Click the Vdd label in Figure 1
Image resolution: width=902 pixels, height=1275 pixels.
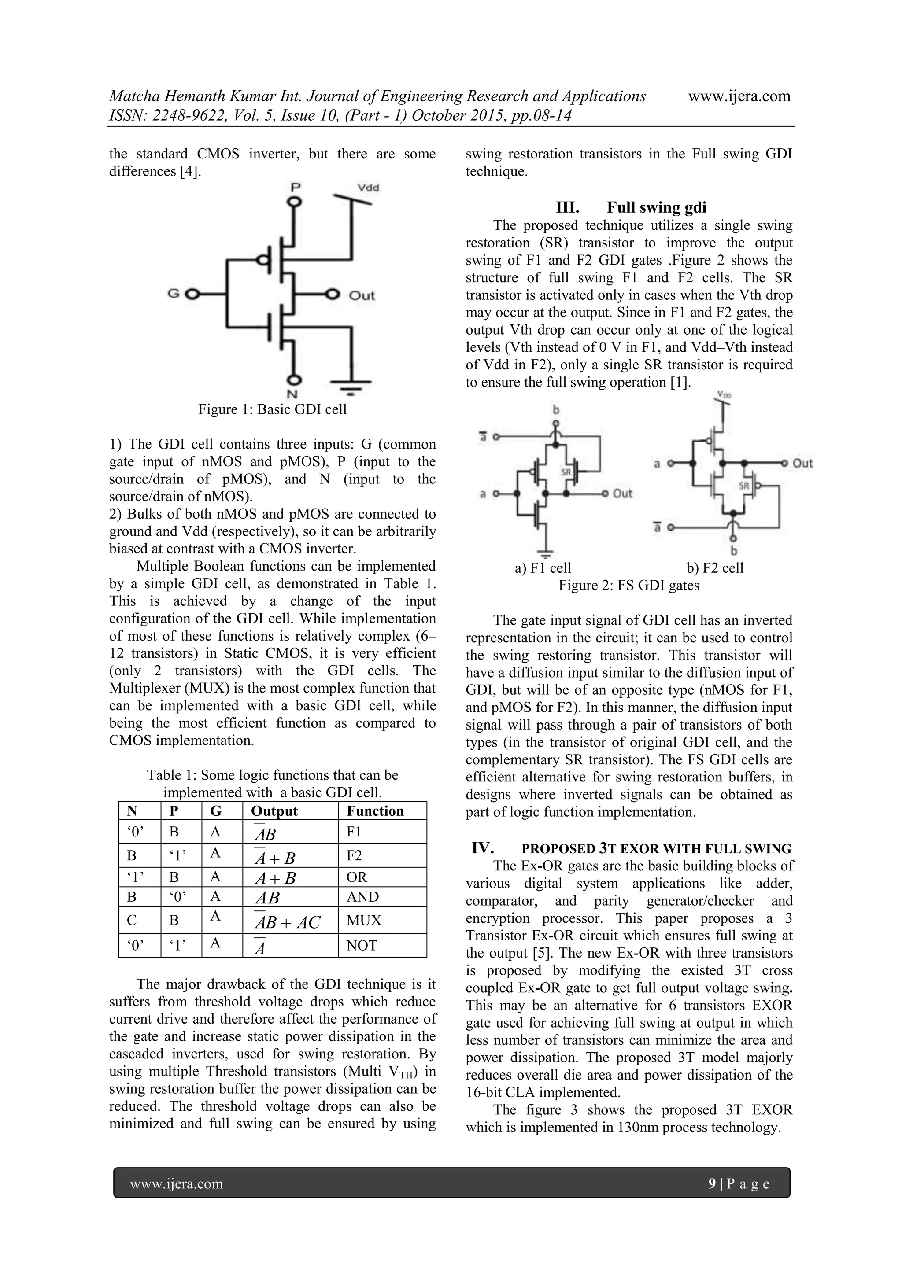(368, 188)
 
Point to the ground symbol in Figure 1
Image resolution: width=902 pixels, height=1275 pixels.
(351, 385)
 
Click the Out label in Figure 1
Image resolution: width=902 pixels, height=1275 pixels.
(362, 295)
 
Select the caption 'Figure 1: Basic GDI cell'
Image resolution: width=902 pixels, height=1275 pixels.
(272, 409)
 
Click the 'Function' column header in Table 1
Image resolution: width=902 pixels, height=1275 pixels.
(375, 811)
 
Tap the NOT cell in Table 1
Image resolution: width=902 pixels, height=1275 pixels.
(362, 946)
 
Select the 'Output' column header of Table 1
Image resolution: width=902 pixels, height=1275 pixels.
(274, 811)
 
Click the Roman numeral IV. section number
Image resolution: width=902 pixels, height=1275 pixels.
(482, 848)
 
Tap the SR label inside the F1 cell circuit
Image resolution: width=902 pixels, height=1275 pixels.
(566, 472)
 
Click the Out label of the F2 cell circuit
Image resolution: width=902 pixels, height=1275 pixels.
(802, 463)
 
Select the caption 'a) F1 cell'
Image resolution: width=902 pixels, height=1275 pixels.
(543, 567)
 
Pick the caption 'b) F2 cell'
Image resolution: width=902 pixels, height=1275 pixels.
(715, 567)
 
